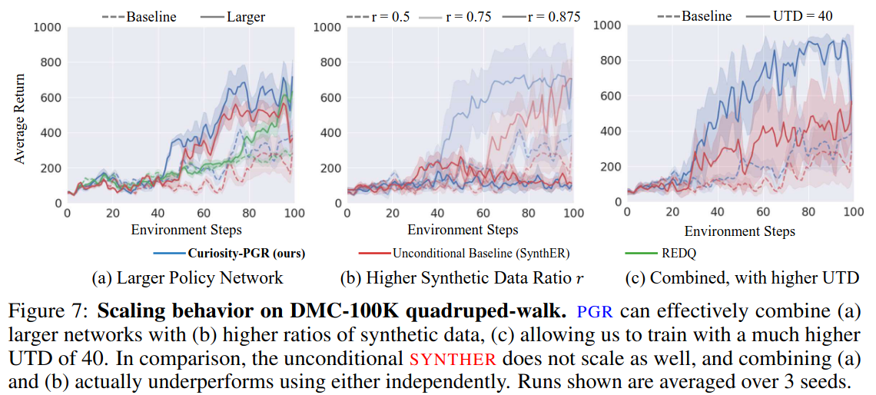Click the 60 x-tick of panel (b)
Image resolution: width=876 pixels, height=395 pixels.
pos(483,214)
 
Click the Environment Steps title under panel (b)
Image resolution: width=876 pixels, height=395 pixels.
pos(463,229)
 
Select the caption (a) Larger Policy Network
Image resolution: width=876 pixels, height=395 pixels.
pos(187,277)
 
